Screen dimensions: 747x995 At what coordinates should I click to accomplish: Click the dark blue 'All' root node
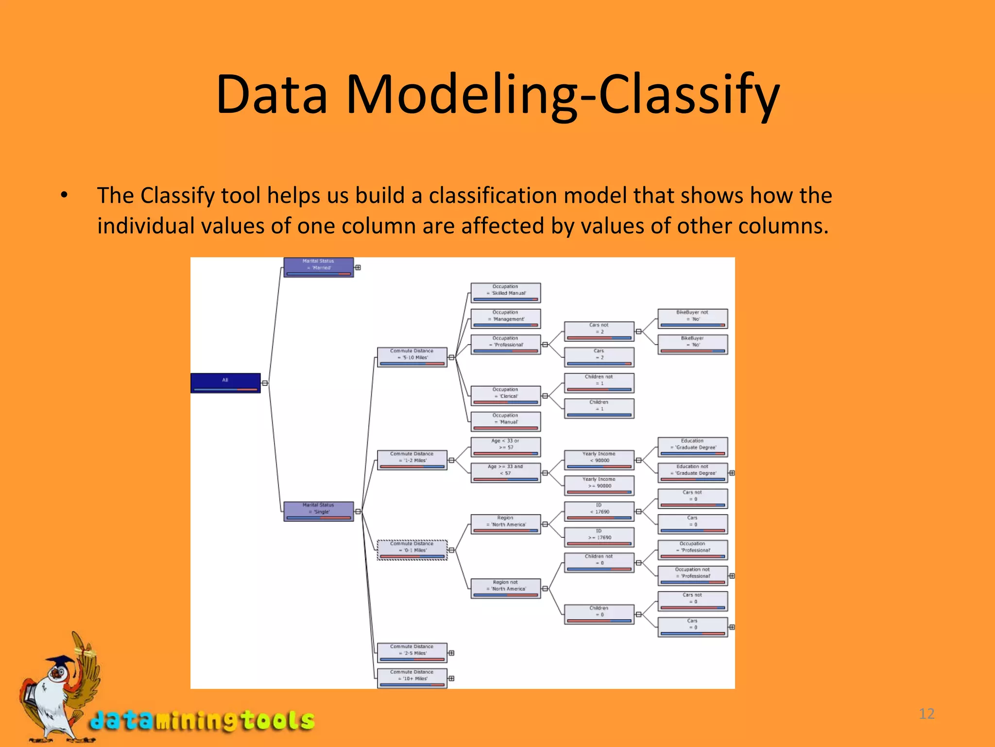[x=225, y=383]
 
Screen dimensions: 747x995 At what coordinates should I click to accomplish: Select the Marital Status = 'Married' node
[x=318, y=267]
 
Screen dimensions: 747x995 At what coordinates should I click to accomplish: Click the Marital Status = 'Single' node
[x=318, y=511]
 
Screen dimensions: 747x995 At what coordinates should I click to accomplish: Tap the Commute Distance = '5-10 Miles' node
[x=412, y=357]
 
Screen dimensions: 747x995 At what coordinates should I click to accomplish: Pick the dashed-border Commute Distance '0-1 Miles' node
[x=412, y=550]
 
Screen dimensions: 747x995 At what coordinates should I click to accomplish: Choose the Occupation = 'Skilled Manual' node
[x=505, y=293]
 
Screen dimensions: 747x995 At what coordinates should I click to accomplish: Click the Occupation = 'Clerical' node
[x=505, y=395]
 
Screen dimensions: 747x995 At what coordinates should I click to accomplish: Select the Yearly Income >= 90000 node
[x=599, y=485]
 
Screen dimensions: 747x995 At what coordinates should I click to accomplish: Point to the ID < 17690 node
[x=599, y=511]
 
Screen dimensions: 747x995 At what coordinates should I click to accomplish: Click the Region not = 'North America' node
[x=505, y=588]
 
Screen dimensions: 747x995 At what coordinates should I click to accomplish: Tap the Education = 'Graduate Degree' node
[x=692, y=447]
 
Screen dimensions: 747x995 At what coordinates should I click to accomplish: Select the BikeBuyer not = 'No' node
[x=692, y=319]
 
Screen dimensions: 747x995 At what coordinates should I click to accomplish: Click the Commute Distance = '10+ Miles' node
[x=412, y=678]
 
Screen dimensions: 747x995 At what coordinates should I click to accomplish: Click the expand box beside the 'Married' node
[x=358, y=267]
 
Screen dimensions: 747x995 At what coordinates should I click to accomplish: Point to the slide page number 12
[x=926, y=713]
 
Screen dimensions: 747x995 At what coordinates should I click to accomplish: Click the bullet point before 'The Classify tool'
[x=64, y=196]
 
